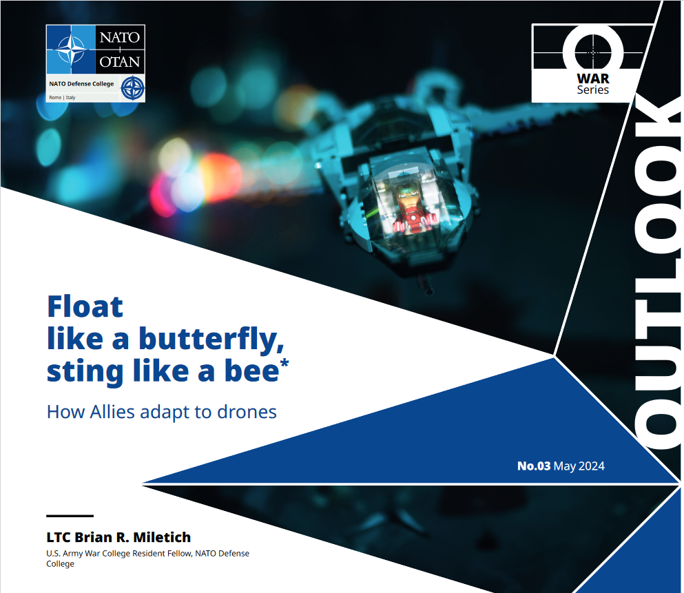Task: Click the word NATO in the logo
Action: point(120,37)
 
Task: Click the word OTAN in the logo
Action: point(120,62)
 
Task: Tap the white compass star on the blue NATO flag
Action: point(71,49)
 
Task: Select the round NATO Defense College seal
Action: point(133,88)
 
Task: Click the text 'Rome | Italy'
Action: point(62,98)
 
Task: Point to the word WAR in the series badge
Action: point(593,79)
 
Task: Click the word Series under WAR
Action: point(593,90)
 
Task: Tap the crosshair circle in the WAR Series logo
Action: point(593,52)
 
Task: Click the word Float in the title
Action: point(85,306)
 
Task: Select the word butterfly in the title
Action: point(211,340)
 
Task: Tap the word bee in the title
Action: point(251,371)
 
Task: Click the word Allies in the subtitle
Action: point(112,412)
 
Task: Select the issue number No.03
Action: point(534,466)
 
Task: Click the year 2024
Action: point(592,466)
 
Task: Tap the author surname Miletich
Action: point(162,537)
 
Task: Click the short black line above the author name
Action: point(70,516)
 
